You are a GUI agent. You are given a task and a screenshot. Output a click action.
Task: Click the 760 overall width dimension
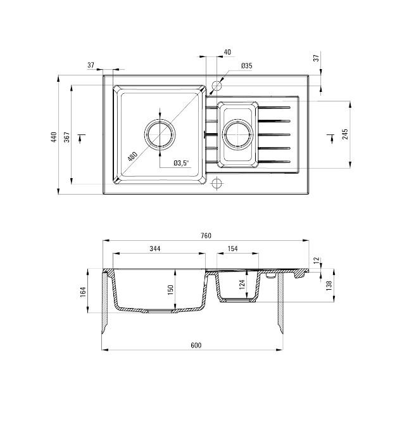(205, 236)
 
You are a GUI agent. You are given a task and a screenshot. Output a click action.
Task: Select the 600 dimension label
(196, 345)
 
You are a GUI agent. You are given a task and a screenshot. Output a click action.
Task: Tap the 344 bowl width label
(154, 248)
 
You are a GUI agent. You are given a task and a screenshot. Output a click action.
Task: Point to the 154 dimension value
(232, 248)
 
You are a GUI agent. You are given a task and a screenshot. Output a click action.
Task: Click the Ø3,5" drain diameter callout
(181, 163)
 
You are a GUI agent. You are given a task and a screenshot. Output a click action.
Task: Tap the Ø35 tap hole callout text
(247, 66)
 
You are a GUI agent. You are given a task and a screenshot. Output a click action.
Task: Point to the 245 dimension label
(344, 134)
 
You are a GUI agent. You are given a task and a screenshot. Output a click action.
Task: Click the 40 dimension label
(227, 52)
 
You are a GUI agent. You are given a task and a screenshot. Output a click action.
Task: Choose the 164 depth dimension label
(82, 291)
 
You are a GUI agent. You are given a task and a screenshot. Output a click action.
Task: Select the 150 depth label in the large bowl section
(170, 289)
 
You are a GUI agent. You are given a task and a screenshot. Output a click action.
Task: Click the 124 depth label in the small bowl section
(242, 284)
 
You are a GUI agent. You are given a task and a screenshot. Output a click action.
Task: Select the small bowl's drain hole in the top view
(238, 134)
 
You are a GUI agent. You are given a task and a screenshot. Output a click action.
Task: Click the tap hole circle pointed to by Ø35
(217, 85)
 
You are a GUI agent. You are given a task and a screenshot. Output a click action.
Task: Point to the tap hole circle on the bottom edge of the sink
(217, 184)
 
